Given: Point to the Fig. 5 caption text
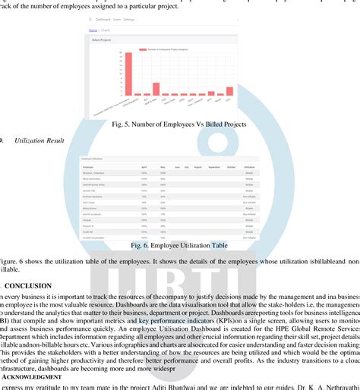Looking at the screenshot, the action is pyautogui.click(x=180, y=124).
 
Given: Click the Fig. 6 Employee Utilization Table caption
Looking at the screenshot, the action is pyautogui.click(x=179, y=245).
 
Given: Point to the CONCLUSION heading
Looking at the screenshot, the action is pyautogui.click(x=28, y=285).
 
